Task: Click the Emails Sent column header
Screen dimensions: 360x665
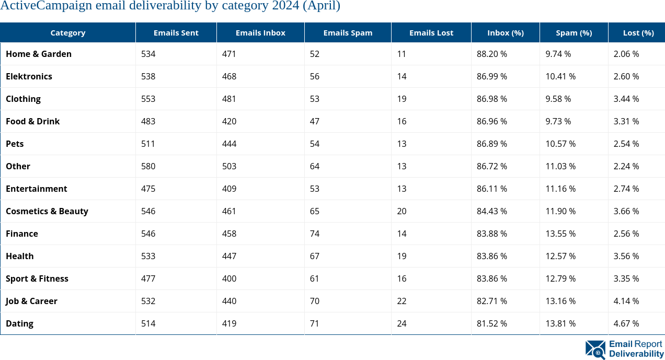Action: (176, 32)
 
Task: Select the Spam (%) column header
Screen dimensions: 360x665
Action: (574, 32)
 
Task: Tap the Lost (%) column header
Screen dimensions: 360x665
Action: (638, 32)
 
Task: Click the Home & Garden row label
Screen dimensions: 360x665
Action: (39, 54)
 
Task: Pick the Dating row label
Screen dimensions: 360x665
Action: (19, 323)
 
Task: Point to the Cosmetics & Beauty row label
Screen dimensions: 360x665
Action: (47, 211)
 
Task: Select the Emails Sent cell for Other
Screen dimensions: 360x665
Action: (148, 166)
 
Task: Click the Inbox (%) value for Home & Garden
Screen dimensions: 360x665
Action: (491, 54)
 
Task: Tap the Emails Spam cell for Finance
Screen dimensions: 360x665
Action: (315, 234)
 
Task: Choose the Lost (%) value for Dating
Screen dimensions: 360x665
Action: (626, 323)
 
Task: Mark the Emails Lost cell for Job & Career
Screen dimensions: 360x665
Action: (402, 301)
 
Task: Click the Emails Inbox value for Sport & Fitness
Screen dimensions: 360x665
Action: (229, 278)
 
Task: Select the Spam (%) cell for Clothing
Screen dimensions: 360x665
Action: (558, 99)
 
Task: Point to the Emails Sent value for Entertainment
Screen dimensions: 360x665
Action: (148, 189)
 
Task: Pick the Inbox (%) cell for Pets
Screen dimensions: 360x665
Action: (491, 144)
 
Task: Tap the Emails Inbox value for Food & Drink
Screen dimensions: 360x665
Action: (229, 121)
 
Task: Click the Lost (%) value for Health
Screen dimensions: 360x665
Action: (626, 256)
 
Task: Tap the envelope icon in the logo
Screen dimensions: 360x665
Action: (595, 349)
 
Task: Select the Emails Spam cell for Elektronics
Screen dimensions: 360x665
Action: (315, 76)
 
